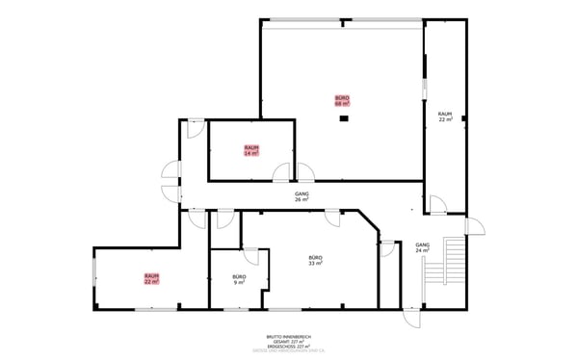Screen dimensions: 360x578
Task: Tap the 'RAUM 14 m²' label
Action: click(250, 150)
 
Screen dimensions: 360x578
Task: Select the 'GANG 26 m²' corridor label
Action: click(302, 196)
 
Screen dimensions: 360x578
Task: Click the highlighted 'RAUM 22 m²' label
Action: click(151, 278)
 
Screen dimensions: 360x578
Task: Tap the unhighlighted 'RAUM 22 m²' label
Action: click(445, 116)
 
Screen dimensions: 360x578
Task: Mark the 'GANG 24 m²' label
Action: click(422, 248)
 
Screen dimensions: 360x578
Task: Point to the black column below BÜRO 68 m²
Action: click(343, 118)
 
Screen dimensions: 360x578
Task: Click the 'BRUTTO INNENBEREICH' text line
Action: click(288, 337)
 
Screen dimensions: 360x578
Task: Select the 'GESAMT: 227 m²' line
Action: click(288, 342)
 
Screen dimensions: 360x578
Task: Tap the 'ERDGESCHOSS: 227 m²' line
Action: click(288, 347)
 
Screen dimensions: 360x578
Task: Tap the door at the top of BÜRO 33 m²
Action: click(332, 219)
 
